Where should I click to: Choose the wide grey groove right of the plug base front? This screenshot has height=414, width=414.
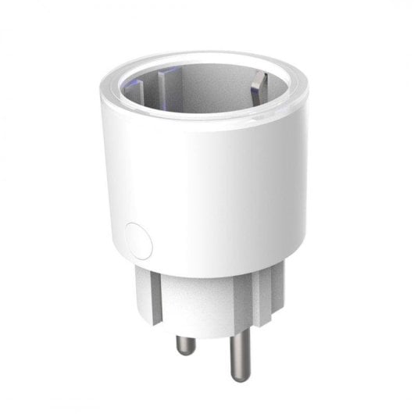pyautogui.click(x=252, y=293)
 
